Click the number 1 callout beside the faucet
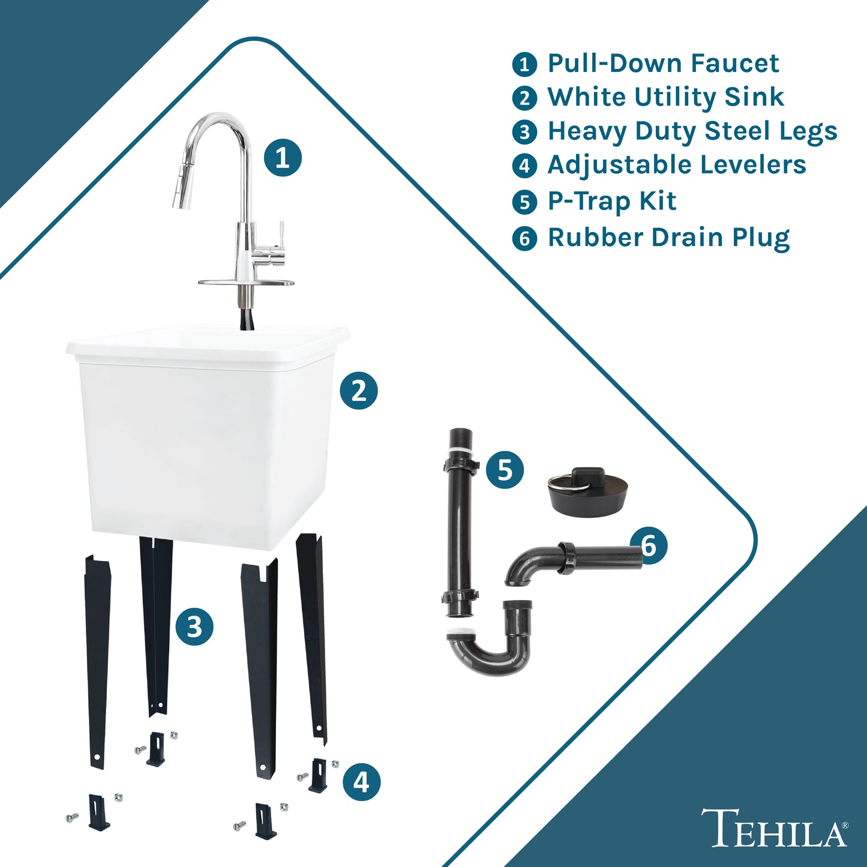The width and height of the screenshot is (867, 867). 283,157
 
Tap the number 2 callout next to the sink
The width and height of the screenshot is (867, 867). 359,390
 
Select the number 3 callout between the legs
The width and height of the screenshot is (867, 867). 194,626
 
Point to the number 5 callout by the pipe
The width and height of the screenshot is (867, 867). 505,470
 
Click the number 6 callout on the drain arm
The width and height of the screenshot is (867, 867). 649,545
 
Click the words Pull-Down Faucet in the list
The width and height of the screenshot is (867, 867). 663,63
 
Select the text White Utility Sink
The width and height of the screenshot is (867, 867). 666,97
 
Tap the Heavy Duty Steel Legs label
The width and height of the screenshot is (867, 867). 692,131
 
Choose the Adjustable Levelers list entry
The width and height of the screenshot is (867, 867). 677,164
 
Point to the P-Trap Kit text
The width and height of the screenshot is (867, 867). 612,200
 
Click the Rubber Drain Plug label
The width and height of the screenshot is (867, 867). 668,237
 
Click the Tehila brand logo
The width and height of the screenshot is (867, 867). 775,834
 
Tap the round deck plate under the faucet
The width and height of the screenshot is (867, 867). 246,283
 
